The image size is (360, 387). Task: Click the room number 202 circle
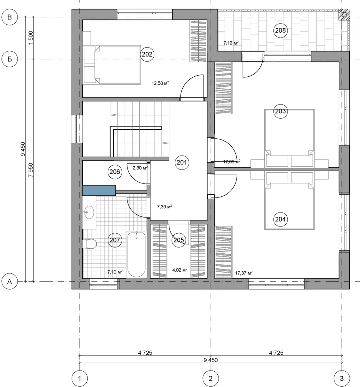coord(147,54)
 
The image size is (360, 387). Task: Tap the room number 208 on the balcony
coord(280,30)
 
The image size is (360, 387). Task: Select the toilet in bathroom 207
coord(90,244)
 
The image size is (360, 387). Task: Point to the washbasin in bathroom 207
coord(89,212)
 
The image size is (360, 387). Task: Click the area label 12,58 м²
coord(160,83)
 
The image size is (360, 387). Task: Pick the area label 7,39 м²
coord(164,206)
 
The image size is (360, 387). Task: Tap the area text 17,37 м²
coord(244,273)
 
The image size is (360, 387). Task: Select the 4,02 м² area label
coord(180,270)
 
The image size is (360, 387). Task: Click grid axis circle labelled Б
coord(10,59)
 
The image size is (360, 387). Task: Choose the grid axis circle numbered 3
coord(342,378)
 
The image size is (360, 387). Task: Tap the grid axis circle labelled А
coord(10,281)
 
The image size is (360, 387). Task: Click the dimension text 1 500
coord(31,38)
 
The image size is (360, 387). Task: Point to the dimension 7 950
coord(31,170)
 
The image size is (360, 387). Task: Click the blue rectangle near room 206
coord(99,190)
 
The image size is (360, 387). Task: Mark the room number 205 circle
coord(179,240)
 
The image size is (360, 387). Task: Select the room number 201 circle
coord(182,162)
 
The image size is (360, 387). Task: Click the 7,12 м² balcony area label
coord(231,43)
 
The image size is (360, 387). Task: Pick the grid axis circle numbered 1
coord(80,378)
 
